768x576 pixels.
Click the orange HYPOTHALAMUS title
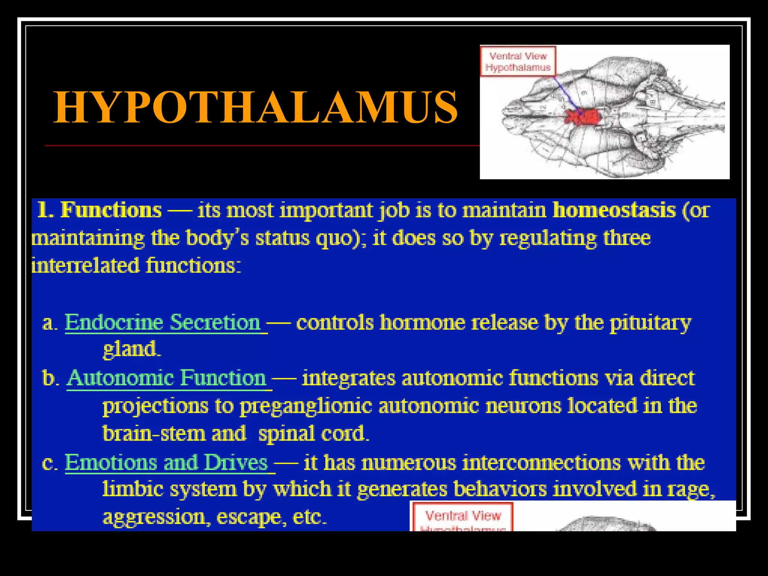pyautogui.click(x=256, y=108)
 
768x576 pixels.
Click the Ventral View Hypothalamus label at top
pyautogui.click(x=518, y=61)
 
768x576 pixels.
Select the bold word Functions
pyautogui.click(x=111, y=210)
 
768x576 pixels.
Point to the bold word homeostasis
pyautogui.click(x=614, y=210)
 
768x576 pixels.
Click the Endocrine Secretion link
pyautogui.click(x=163, y=322)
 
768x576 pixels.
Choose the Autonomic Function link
pyautogui.click(x=167, y=378)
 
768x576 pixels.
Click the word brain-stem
pyautogui.click(x=154, y=434)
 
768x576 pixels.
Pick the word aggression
pyautogui.click(x=154, y=517)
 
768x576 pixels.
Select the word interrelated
pyautogui.click(x=85, y=266)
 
